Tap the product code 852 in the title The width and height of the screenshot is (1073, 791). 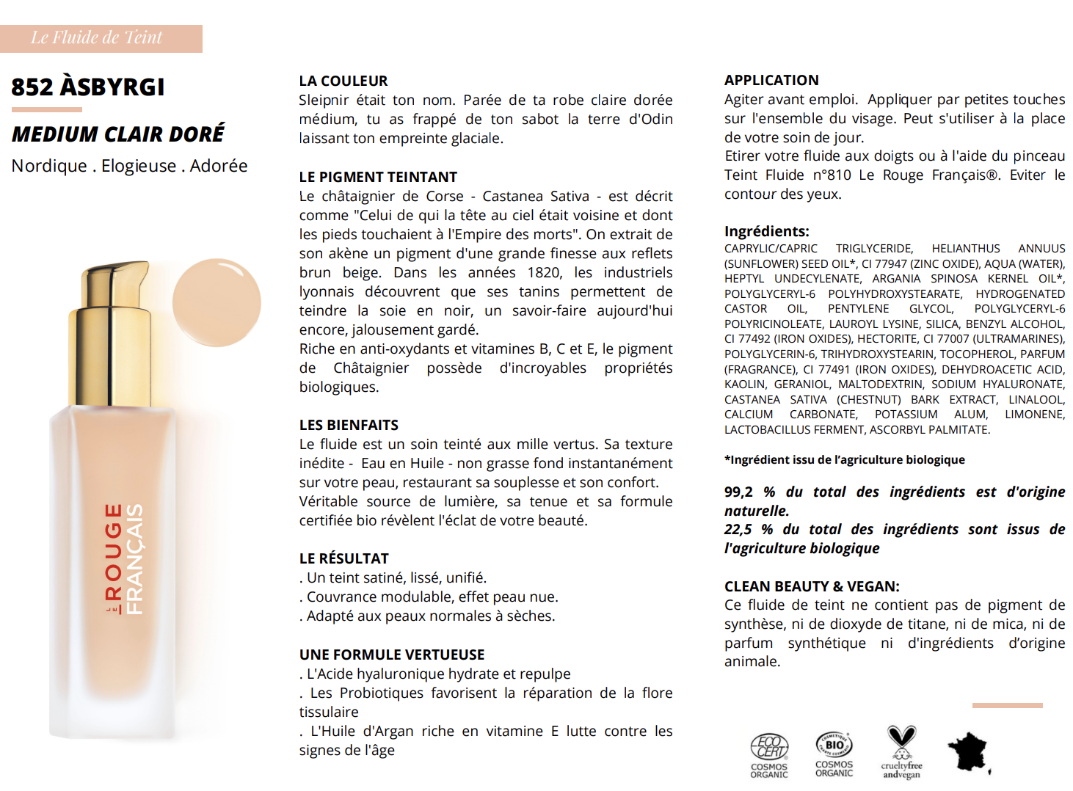click(x=32, y=87)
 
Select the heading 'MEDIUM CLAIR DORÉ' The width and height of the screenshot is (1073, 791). click(x=118, y=135)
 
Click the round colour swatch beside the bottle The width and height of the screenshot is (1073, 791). click(x=217, y=302)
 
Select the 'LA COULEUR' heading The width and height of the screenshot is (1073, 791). click(x=343, y=81)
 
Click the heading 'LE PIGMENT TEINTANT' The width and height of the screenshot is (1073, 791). click(x=378, y=177)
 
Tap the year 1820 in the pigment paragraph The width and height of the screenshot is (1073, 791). click(x=544, y=273)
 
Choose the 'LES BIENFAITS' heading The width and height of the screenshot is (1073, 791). click(x=349, y=425)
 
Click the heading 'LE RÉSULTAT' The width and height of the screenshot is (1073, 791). click(x=343, y=558)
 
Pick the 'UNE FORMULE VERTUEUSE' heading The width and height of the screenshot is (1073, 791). click(x=392, y=655)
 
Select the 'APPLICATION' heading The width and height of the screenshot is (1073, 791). click(x=771, y=80)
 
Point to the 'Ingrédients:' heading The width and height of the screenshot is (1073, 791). click(x=766, y=231)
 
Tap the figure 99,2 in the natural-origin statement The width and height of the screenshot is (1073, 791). click(x=738, y=492)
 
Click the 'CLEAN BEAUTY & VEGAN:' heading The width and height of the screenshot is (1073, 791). click(x=812, y=586)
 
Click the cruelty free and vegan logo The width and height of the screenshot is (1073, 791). click(x=901, y=752)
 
